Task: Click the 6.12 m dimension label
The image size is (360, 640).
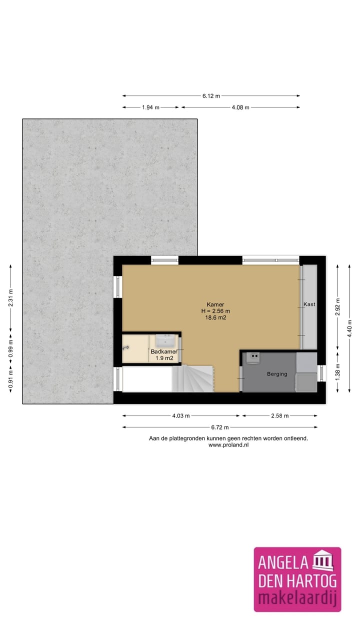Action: pos(211,96)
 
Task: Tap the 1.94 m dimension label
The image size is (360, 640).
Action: pos(150,107)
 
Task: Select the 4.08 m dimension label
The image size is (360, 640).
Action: pos(240,107)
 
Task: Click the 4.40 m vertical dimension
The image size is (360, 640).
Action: pos(349,328)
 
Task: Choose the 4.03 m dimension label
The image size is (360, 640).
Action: pos(181,415)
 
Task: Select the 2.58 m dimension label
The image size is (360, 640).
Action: pos(280,415)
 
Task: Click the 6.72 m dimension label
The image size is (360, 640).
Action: pos(219,427)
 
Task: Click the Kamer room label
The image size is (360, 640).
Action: pos(215,304)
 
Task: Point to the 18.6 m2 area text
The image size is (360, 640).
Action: pos(215,317)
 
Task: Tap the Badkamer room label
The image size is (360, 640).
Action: pos(163,351)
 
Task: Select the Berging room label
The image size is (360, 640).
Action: pos(276,373)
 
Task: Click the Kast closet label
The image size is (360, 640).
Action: pos(309,304)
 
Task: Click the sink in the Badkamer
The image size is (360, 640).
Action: pos(165,341)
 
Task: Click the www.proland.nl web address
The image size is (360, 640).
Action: pos(228,444)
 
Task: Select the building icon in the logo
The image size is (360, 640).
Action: pos(323,562)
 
